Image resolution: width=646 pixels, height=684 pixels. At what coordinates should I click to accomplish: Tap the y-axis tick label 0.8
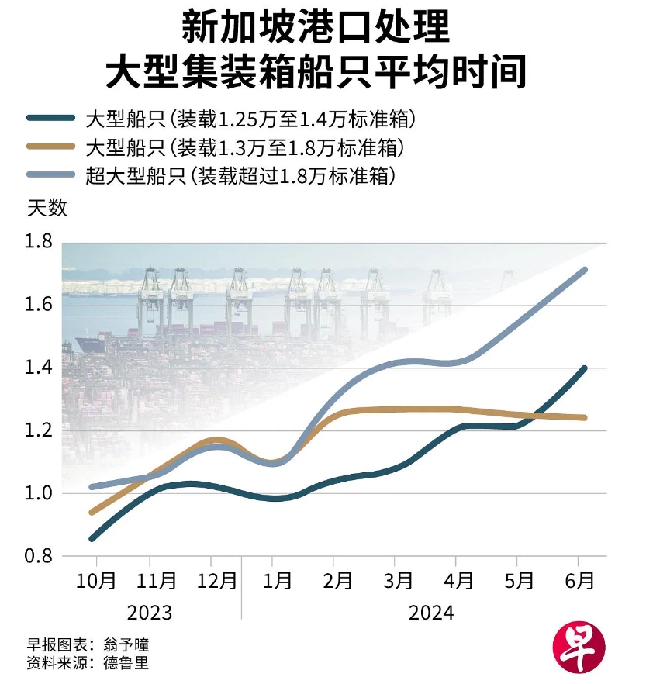click(39, 556)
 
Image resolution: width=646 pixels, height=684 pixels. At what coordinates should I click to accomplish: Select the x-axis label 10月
click(98, 581)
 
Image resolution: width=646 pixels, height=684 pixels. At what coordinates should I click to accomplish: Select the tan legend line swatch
click(51, 147)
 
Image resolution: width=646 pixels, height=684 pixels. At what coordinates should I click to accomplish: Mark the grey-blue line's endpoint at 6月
click(585, 270)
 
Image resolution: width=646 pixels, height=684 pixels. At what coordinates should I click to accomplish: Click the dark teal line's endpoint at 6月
click(585, 368)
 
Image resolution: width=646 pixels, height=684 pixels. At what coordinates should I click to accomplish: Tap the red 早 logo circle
click(578, 644)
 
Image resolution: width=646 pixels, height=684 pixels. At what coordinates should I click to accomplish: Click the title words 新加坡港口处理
click(315, 28)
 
